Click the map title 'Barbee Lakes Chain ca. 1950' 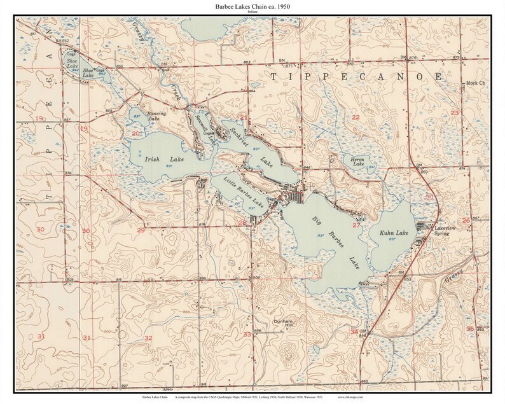pyautogui.click(x=252, y=5)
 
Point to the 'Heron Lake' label pyautogui.click(x=354, y=162)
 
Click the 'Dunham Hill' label pyautogui.click(x=282, y=324)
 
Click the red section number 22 pyautogui.click(x=356, y=118)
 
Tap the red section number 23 pyautogui.click(x=454, y=113)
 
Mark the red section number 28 pyautogui.click(x=242, y=222)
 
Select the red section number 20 pyautogui.click(x=135, y=134)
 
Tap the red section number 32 pyautogui.click(x=148, y=337)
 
